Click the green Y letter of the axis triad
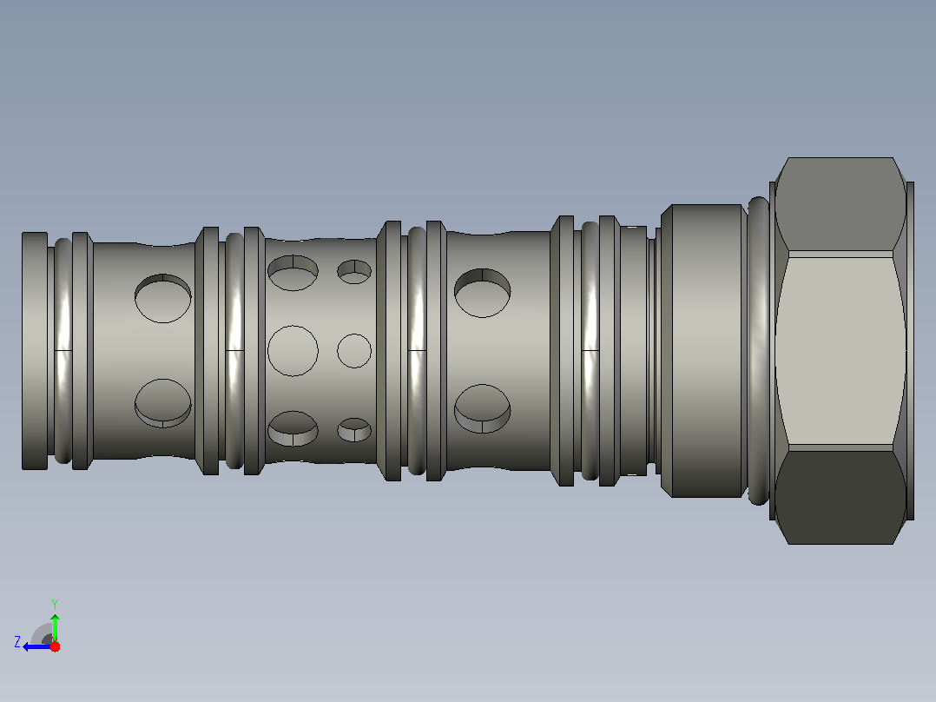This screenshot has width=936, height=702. point(55,604)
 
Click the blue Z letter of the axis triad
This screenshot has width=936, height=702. point(17,642)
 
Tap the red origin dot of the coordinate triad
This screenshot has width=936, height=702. point(55,646)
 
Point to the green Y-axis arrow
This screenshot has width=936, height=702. point(55,627)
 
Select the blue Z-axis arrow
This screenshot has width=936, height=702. point(37,647)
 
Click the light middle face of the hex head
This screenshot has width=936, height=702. point(840,351)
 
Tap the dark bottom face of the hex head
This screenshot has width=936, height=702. point(840,497)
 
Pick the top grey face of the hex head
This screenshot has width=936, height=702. point(840,204)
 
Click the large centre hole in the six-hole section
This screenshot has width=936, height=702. point(293,351)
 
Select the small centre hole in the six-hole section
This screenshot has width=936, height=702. point(354,351)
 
